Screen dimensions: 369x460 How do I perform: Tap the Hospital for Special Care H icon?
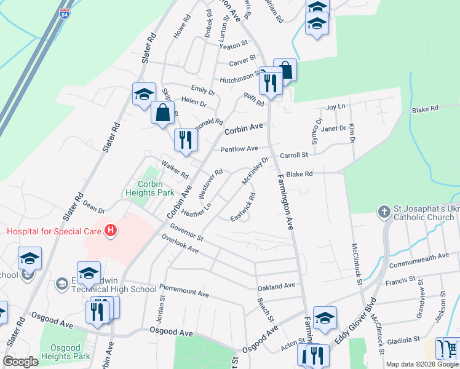pyautogui.click(x=111, y=231)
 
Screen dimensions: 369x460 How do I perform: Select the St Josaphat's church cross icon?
pyautogui.click(x=384, y=212)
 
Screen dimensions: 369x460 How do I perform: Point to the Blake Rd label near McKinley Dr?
pyautogui.click(x=299, y=174)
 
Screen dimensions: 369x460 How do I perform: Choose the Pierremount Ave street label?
pyautogui.click(x=185, y=287)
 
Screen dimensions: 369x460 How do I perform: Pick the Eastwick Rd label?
pyautogui.click(x=243, y=208)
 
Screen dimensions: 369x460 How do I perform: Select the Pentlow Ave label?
pyautogui.click(x=239, y=149)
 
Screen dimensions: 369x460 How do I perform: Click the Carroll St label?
pyautogui.click(x=293, y=156)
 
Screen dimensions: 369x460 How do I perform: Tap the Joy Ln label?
pyautogui.click(x=335, y=107)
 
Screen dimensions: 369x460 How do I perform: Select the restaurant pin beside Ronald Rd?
pyautogui.click(x=184, y=140)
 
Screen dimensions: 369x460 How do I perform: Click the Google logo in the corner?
pyautogui.click(x=21, y=362)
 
